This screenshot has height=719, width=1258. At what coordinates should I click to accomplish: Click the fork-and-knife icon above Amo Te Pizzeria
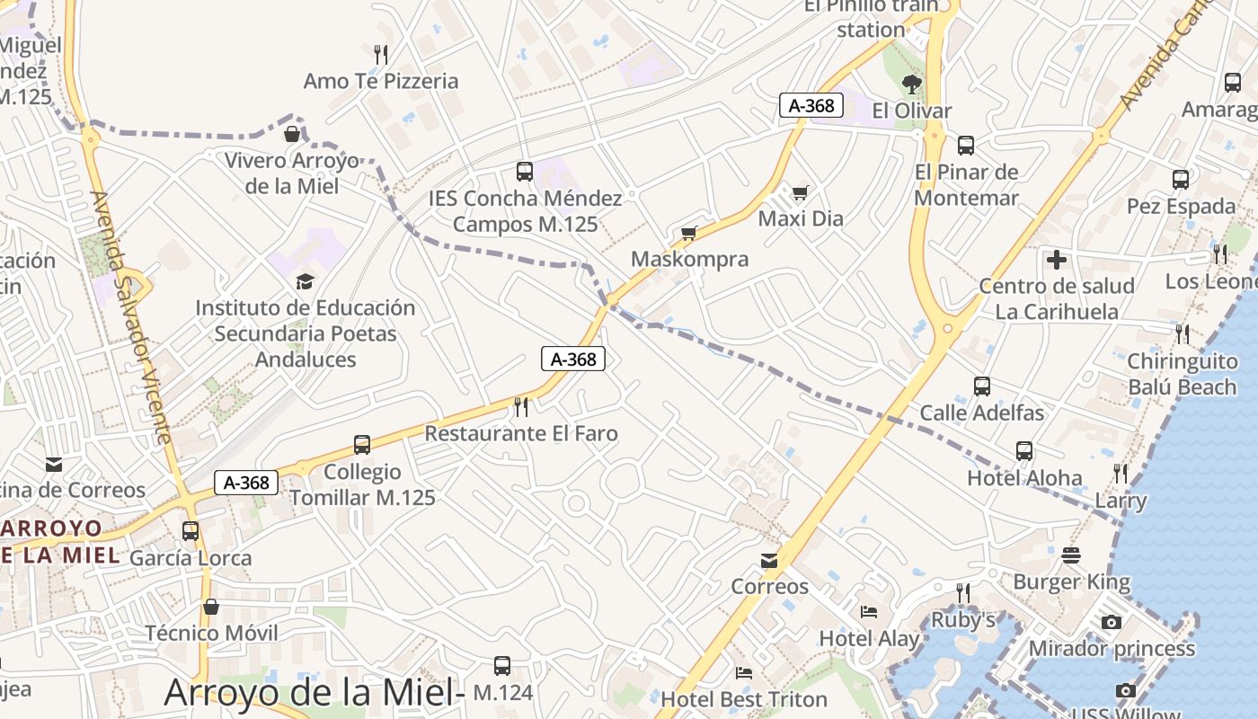(x=381, y=55)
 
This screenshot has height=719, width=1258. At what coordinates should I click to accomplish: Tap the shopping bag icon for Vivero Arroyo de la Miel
(x=292, y=135)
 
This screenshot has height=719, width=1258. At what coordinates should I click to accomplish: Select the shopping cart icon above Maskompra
(x=689, y=234)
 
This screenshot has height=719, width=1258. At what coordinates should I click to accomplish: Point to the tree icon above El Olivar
(x=912, y=84)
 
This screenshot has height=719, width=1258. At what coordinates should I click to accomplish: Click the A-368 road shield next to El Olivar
(x=812, y=105)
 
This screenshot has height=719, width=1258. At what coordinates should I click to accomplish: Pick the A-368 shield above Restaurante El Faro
(x=573, y=359)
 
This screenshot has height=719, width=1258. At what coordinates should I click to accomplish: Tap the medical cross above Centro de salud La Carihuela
(x=1057, y=260)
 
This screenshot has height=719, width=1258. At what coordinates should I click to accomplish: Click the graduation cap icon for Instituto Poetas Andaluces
(x=306, y=281)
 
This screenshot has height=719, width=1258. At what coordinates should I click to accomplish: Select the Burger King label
(x=1071, y=582)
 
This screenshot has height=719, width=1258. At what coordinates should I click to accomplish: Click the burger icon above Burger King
(x=1070, y=555)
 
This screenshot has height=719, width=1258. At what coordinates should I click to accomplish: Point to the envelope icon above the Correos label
(x=769, y=561)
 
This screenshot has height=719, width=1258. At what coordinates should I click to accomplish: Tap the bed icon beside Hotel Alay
(x=869, y=612)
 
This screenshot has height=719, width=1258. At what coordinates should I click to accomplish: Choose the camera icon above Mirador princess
(x=1112, y=622)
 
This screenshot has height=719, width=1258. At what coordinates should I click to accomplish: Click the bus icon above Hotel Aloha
(x=1024, y=451)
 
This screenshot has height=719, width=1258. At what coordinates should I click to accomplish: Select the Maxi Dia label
(x=801, y=218)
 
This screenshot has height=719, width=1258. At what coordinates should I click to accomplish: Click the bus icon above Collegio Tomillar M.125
(x=362, y=445)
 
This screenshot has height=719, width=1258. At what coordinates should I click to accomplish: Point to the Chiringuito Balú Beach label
(x=1182, y=374)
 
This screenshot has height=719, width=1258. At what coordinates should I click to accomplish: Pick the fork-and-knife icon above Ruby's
(x=962, y=592)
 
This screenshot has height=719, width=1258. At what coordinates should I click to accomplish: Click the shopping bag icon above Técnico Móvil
(x=211, y=607)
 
